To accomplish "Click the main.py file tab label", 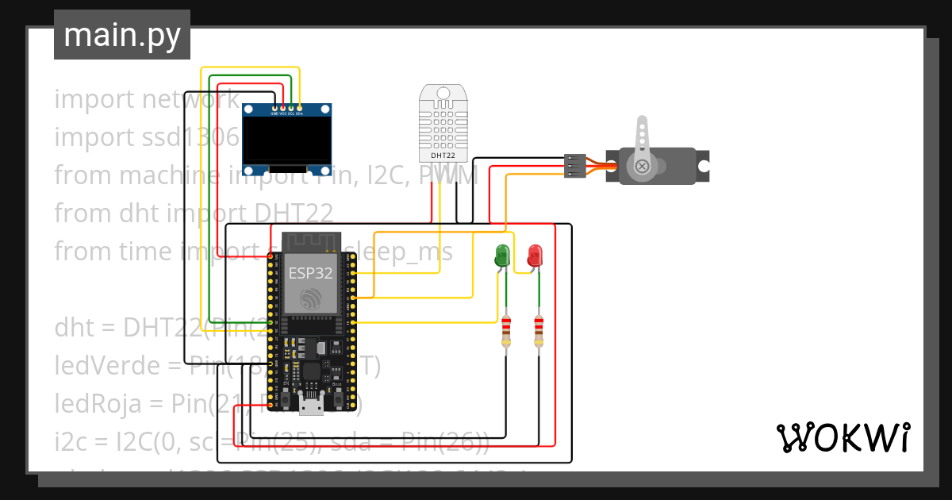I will coord(122,36).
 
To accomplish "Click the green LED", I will coord(502,256).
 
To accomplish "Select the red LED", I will coord(535,256).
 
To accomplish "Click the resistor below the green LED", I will coord(507,330).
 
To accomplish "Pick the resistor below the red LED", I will coord(539,330).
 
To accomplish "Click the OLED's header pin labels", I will coord(287,113).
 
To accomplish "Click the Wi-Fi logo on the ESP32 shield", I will coord(310,298).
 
